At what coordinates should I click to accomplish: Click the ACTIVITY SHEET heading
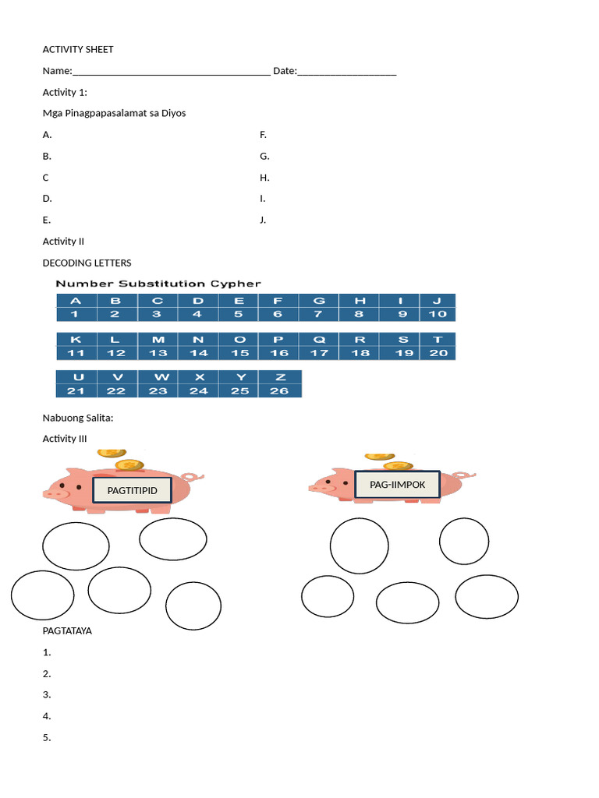tap(78, 49)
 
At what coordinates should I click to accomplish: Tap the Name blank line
tap(172, 72)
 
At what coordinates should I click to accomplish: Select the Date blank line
tap(347, 72)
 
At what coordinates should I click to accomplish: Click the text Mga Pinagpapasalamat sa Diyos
tap(114, 113)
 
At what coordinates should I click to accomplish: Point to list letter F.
tap(264, 135)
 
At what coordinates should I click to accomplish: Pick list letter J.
tap(263, 220)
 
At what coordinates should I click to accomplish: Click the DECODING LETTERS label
tap(87, 263)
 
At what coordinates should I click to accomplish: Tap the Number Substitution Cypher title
tap(158, 284)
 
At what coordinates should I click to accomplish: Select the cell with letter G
tap(319, 300)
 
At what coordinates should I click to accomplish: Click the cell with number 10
tap(438, 314)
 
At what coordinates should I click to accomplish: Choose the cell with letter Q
tap(319, 339)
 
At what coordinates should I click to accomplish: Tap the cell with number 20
tap(438, 353)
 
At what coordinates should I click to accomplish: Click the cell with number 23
tap(158, 390)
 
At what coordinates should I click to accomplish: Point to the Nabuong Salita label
tap(78, 418)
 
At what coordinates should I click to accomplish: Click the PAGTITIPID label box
tap(132, 491)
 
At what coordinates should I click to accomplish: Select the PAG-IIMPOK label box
tap(398, 485)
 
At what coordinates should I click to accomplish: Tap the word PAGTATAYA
tap(67, 630)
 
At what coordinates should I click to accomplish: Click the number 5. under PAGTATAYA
tap(47, 737)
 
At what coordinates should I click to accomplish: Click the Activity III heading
tap(65, 439)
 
